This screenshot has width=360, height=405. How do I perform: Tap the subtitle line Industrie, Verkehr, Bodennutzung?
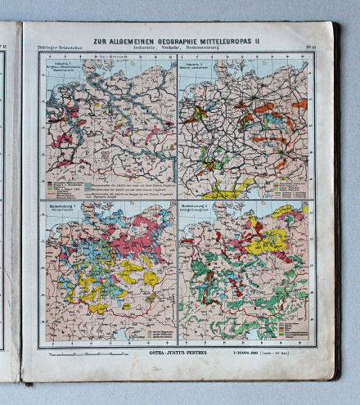(x=174, y=46)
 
